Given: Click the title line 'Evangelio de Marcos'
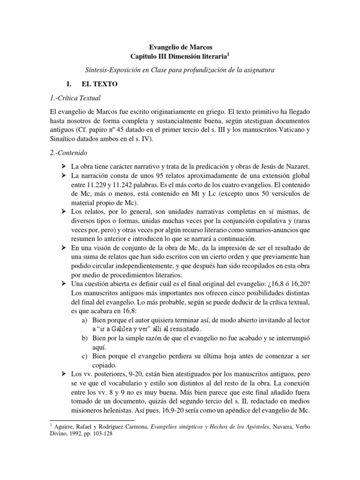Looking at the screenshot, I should (x=180, y=47).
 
